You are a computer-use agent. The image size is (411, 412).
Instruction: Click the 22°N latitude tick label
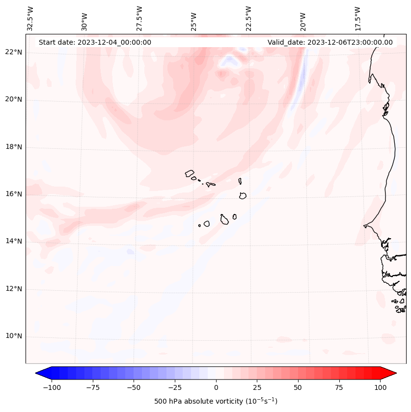tap(14, 53)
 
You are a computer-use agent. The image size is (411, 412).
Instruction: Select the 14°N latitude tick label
tap(14, 241)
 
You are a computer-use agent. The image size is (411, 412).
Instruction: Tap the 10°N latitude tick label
tap(14, 336)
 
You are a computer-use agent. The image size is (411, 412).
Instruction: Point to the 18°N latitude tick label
tap(14, 147)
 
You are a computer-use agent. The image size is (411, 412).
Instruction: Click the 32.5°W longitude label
tap(30, 18)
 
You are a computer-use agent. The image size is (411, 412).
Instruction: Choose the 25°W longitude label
tap(194, 20)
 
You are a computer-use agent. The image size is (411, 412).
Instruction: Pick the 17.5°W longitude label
tap(357, 18)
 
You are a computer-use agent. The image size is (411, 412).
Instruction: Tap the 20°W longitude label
tap(303, 20)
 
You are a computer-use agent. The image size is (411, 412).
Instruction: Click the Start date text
tap(95, 42)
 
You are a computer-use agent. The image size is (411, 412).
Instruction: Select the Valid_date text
tap(330, 42)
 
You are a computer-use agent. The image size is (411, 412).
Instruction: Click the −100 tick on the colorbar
tap(52, 387)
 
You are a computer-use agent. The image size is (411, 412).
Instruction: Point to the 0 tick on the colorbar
tap(216, 387)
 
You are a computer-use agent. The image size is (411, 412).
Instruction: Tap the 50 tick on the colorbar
tap(298, 387)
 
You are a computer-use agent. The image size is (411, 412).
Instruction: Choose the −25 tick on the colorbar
tap(175, 387)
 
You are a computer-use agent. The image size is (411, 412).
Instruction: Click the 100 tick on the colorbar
tap(380, 387)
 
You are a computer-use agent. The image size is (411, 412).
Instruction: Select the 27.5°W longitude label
tap(139, 18)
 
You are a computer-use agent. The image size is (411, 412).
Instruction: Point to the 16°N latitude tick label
tap(14, 194)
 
